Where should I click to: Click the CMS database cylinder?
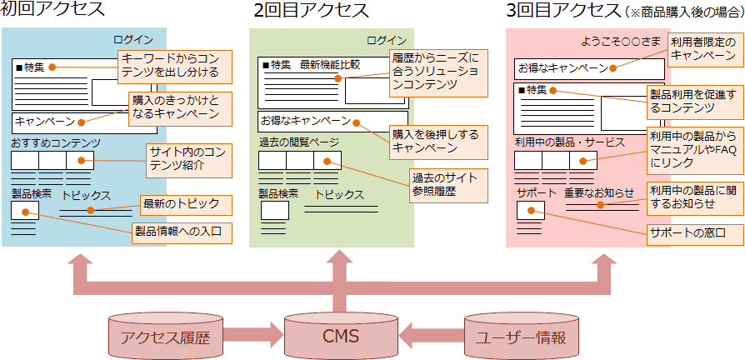pyautogui.click(x=339, y=337)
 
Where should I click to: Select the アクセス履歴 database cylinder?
pyautogui.click(x=165, y=337)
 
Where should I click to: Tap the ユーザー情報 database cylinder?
pyautogui.click(x=521, y=337)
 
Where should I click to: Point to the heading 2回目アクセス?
pyautogui.click(x=311, y=11)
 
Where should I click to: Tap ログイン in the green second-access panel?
pyautogui.click(x=387, y=40)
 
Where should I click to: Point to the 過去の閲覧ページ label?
pyautogui.click(x=299, y=142)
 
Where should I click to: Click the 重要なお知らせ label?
pyautogui.click(x=598, y=192)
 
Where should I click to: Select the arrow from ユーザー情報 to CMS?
pyautogui.click(x=430, y=337)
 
